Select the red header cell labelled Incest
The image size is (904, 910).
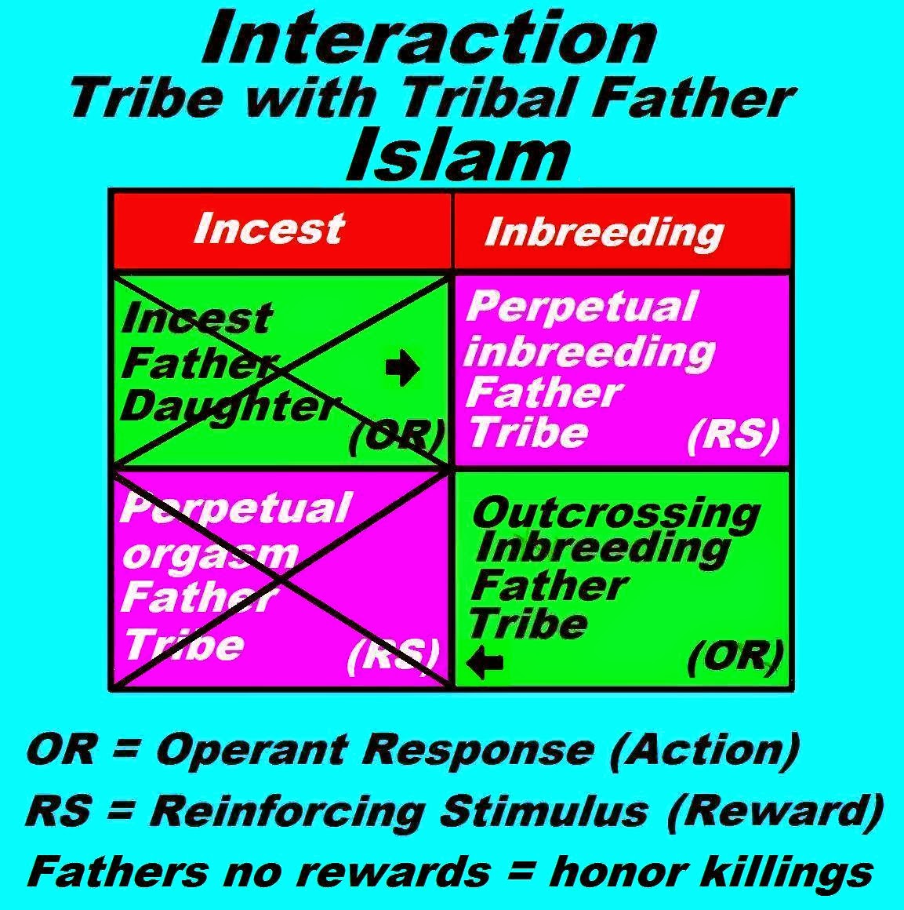pyautogui.click(x=269, y=228)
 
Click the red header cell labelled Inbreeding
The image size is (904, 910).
pyautogui.click(x=603, y=231)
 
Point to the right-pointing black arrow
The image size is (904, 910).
pyautogui.click(x=403, y=369)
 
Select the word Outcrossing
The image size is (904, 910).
pyautogui.click(x=616, y=513)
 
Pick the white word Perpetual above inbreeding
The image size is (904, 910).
pyautogui.click(x=581, y=307)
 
